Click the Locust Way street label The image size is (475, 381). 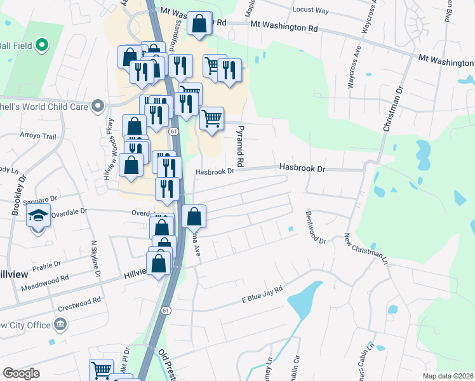[x=311, y=11]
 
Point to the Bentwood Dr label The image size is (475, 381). [x=316, y=228]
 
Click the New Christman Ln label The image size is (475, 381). [x=366, y=248]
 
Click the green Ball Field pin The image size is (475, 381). [x=42, y=45]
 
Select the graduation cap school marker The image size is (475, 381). [x=38, y=217]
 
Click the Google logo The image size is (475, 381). [x=21, y=373]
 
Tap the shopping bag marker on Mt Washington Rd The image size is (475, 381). [x=199, y=23]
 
